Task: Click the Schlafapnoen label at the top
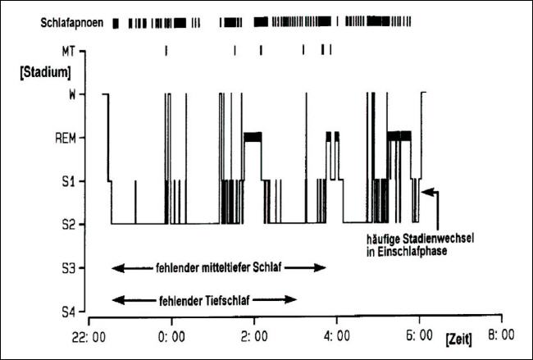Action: pos(72,23)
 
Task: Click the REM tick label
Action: pos(66,137)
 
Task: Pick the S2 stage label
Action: pos(71,223)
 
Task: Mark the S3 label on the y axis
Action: pos(71,267)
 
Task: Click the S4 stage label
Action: pos(71,311)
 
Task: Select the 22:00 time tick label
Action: pos(88,335)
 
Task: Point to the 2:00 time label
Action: pos(253,335)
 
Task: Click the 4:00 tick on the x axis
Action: pos(337,335)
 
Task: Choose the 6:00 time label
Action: pos(419,335)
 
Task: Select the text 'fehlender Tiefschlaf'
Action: pos(202,299)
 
